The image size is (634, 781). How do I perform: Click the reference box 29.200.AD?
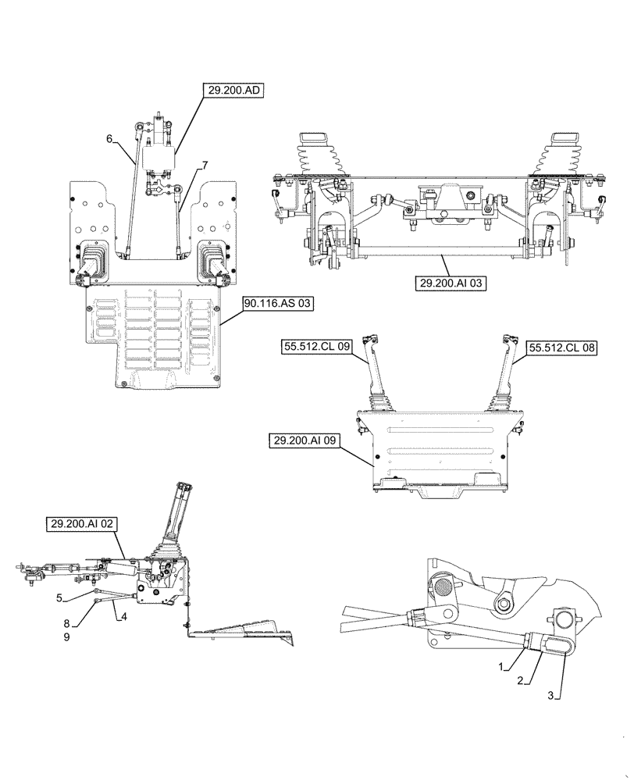pos(235,91)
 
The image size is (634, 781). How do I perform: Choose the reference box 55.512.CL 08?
pos(561,348)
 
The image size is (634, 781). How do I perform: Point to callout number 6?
pos(110,139)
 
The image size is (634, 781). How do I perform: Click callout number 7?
pos(205,165)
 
